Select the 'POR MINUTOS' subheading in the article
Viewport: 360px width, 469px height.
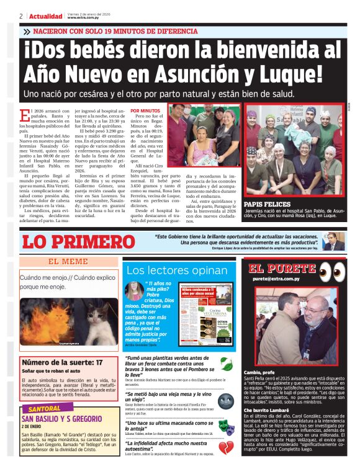[x=145, y=110]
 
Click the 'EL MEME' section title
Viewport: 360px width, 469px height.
[x=68, y=262]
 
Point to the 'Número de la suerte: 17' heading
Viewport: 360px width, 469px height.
[x=62, y=362]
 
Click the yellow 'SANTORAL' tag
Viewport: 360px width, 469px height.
[x=45, y=409]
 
